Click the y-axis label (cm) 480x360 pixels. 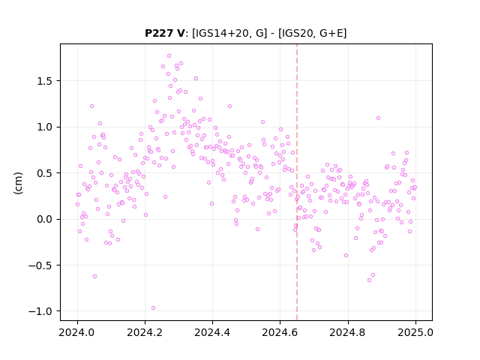pos(18,183)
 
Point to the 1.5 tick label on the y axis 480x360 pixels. pos(44,81)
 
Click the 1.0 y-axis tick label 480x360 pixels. pos(44,127)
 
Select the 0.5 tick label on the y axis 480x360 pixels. pos(44,173)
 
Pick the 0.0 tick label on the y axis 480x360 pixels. pos(44,219)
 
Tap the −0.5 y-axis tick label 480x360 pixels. pos(40,265)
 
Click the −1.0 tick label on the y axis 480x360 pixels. pos(40,311)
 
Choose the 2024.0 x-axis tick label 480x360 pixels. pos(77,332)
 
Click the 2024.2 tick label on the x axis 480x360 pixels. pos(145,332)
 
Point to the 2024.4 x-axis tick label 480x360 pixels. pos(212,332)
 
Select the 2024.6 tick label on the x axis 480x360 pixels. pos(280,332)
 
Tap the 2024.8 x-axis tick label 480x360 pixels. pos(348,332)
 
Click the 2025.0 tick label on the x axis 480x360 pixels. pos(415,332)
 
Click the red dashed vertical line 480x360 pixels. pos(297,182)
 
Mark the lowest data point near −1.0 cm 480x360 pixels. pos(153,308)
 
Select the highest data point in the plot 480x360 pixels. pos(169,56)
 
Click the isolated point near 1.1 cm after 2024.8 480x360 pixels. pos(378,118)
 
